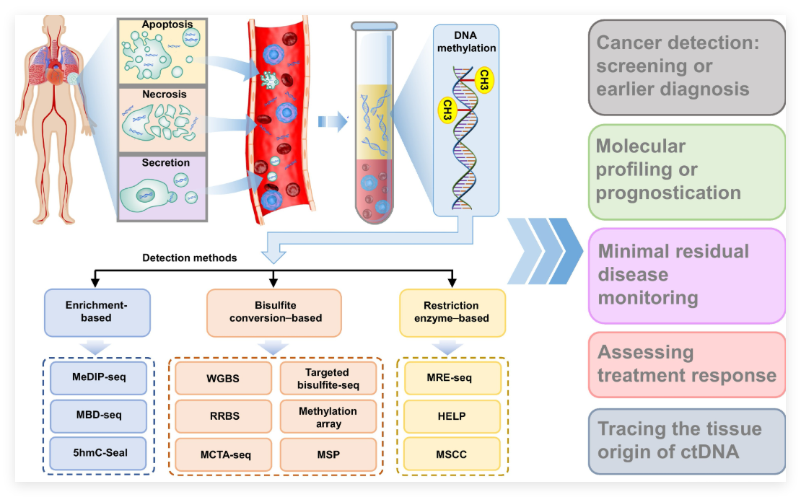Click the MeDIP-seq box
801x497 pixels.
point(99,377)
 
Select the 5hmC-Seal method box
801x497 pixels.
point(99,454)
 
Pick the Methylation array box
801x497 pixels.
point(328,416)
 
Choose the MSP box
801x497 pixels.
point(328,454)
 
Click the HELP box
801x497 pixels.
point(452,416)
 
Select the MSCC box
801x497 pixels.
point(452,454)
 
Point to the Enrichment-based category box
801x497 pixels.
point(97,312)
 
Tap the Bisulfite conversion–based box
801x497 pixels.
point(273,312)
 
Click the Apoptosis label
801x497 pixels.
point(167,25)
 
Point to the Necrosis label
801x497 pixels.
point(164,94)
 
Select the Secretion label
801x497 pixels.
point(165,163)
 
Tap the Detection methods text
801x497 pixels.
point(190,258)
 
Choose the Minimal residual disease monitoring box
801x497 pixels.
point(686,275)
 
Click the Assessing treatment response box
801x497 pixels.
point(686,364)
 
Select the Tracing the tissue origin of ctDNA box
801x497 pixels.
point(686,440)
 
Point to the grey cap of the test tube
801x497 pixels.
point(374,26)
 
